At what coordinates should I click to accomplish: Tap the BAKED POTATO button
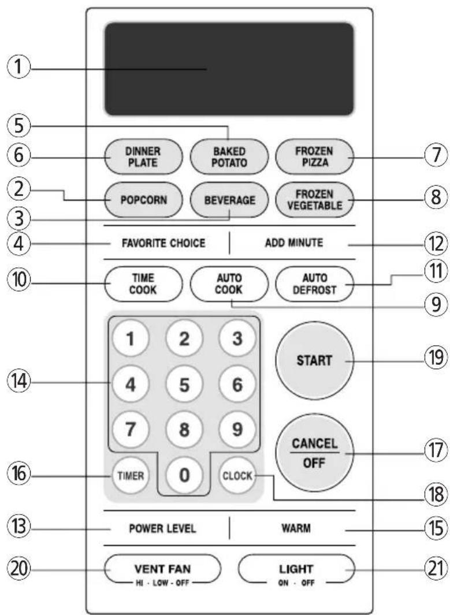[x=229, y=156]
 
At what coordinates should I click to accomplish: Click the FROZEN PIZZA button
[x=315, y=156]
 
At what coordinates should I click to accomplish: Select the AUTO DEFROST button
[x=315, y=284]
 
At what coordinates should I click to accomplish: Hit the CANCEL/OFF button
[x=315, y=453]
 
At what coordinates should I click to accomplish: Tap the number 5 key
[x=184, y=385]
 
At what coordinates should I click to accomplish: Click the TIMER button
[x=131, y=475]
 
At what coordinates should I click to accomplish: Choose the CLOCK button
[x=237, y=475]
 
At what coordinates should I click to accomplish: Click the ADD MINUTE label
[x=294, y=243]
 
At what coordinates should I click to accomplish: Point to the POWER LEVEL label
[x=162, y=528]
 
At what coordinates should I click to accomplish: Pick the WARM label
[x=296, y=528]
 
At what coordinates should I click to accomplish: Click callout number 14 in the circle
[x=18, y=381]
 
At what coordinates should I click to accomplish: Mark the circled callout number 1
[x=18, y=68]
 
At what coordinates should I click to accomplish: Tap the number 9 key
[x=237, y=430]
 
